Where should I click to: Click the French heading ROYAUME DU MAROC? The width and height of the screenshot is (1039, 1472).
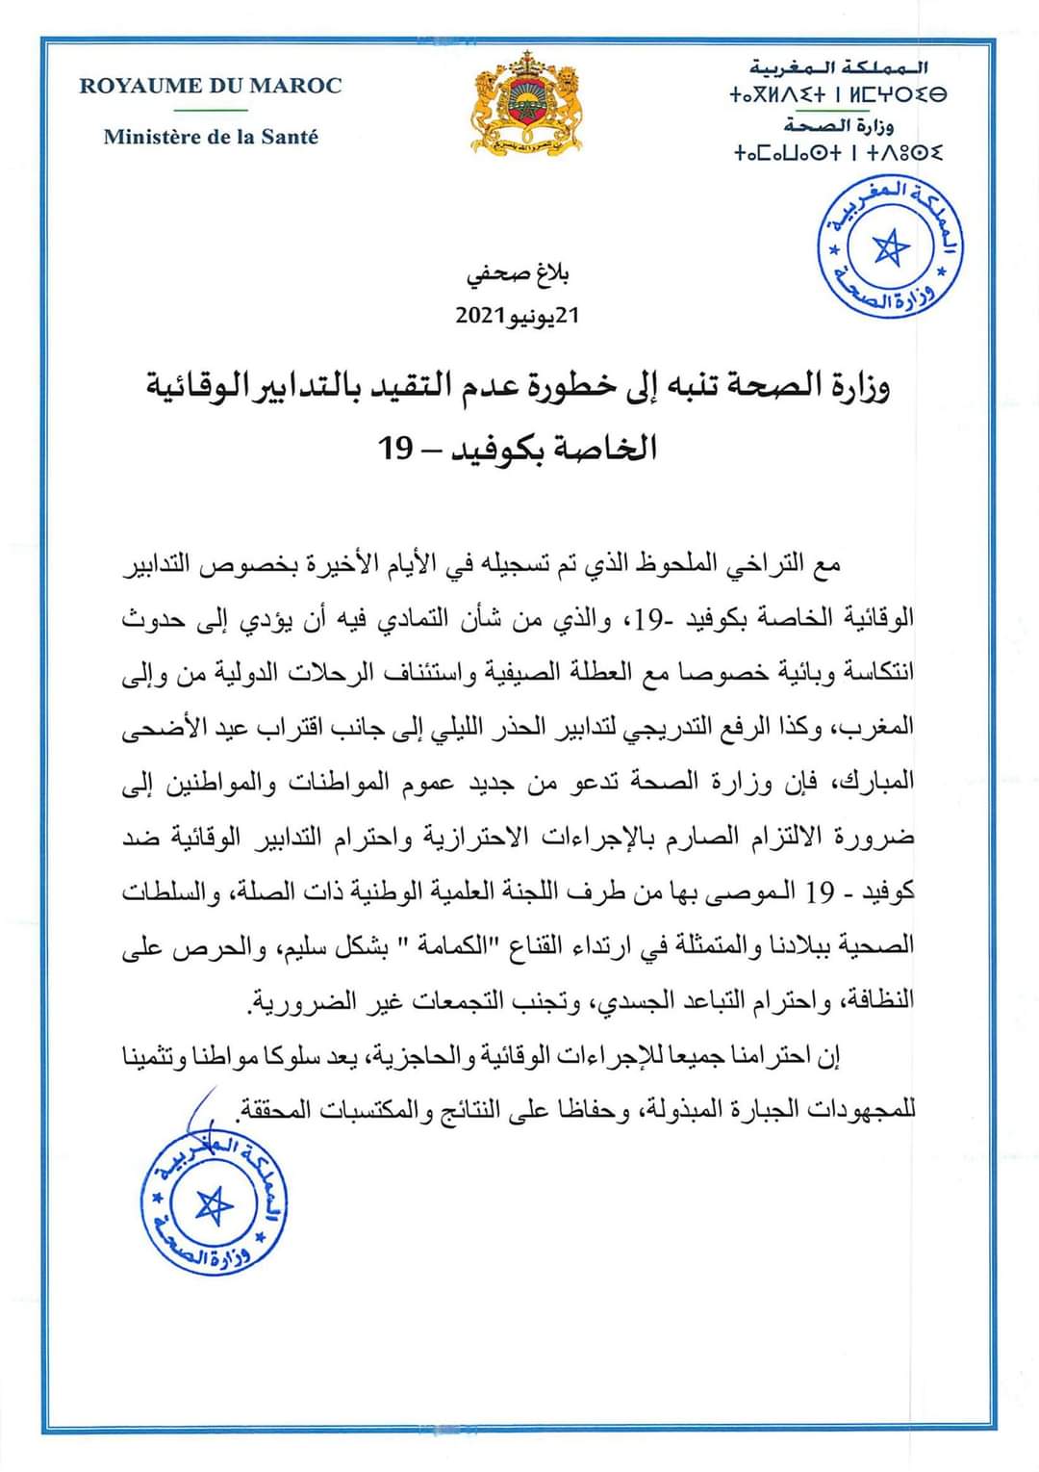210,86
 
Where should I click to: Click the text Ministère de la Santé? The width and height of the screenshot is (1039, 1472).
211,137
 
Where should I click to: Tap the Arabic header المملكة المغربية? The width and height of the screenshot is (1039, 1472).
839,67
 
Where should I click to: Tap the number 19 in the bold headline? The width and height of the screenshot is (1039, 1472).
394,448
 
